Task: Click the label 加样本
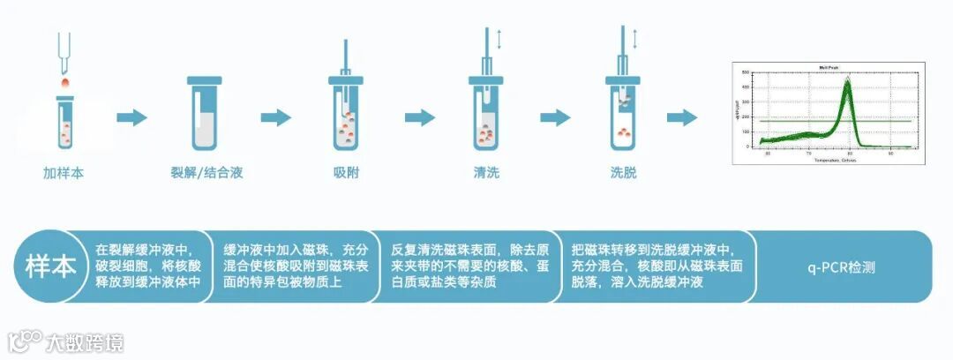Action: [64, 172]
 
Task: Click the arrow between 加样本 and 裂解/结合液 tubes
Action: [132, 117]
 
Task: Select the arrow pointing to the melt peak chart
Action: [682, 117]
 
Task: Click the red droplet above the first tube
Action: [64, 81]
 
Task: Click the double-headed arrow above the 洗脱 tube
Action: [635, 38]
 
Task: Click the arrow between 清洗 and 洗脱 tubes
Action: [555, 117]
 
